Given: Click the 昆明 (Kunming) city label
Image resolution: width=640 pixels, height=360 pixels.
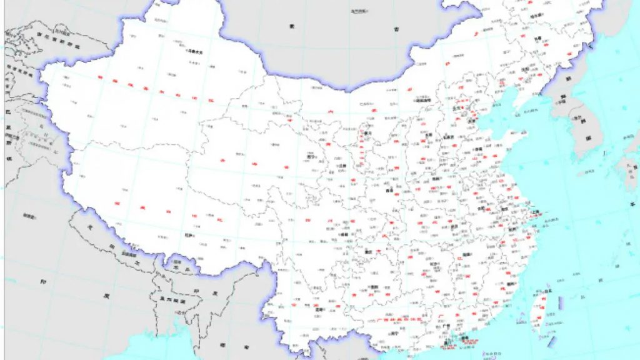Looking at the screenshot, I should coord(321,309).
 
